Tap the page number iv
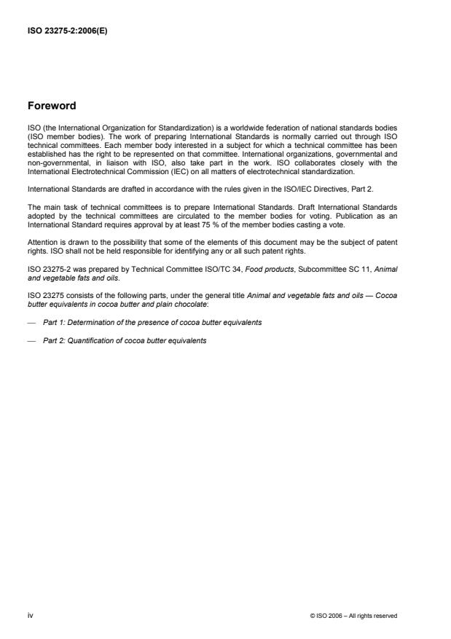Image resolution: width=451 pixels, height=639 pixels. (x=29, y=615)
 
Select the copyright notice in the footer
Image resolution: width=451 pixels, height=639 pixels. (x=353, y=616)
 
